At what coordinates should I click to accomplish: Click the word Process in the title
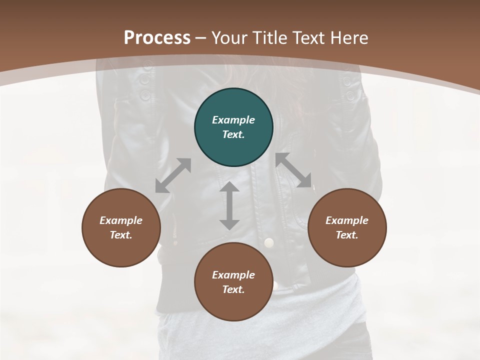click(x=157, y=37)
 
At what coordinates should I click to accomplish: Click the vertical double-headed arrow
click(x=229, y=205)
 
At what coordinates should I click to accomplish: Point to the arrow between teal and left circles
click(x=173, y=175)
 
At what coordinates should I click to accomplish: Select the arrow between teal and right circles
click(x=293, y=170)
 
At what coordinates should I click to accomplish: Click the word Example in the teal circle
click(x=233, y=120)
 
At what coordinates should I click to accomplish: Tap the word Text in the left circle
click(x=121, y=235)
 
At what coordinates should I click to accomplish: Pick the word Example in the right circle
click(x=347, y=220)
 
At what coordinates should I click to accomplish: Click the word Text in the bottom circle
click(x=233, y=289)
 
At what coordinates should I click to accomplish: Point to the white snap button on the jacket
click(x=269, y=243)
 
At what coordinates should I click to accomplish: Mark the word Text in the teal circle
click(x=233, y=134)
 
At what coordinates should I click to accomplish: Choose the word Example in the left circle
click(x=121, y=220)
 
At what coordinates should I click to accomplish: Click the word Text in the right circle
click(x=347, y=235)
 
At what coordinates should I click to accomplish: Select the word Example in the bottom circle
click(x=233, y=275)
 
